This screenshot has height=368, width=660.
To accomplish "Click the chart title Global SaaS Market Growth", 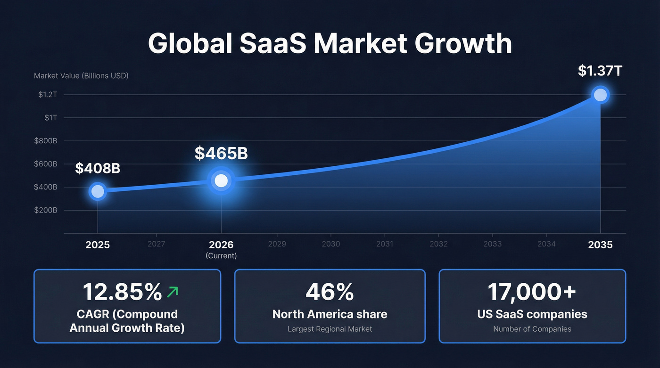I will point(330,43).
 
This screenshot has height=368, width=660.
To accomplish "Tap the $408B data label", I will point(98,168).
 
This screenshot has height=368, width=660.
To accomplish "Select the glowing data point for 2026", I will point(221,180).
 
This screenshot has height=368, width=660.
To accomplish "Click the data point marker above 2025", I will point(98,191).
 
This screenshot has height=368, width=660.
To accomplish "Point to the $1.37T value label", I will point(600,71).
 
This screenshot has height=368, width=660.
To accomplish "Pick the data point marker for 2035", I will point(600,95).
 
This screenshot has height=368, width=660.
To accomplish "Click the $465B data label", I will point(221,153).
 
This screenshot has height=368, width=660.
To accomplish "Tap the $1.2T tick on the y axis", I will point(48,95).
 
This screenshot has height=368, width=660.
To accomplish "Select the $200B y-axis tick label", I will point(46,210).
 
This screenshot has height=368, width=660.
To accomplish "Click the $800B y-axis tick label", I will point(46,141).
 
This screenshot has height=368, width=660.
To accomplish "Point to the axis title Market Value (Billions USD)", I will point(81,75).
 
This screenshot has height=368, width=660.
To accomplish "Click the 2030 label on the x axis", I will point(330,244).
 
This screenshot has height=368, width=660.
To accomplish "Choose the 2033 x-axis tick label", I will point(492,244).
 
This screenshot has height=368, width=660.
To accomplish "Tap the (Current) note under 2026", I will point(221,256).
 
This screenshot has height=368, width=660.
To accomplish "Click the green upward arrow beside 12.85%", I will point(173,293).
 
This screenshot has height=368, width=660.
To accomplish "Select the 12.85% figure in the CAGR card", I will point(122,292).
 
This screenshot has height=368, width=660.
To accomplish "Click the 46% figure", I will point(330,292).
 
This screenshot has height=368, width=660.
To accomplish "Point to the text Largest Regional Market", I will point(330,329).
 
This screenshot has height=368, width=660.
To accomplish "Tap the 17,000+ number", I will point(532,292).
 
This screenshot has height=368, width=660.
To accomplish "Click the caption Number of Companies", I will point(532,329).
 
